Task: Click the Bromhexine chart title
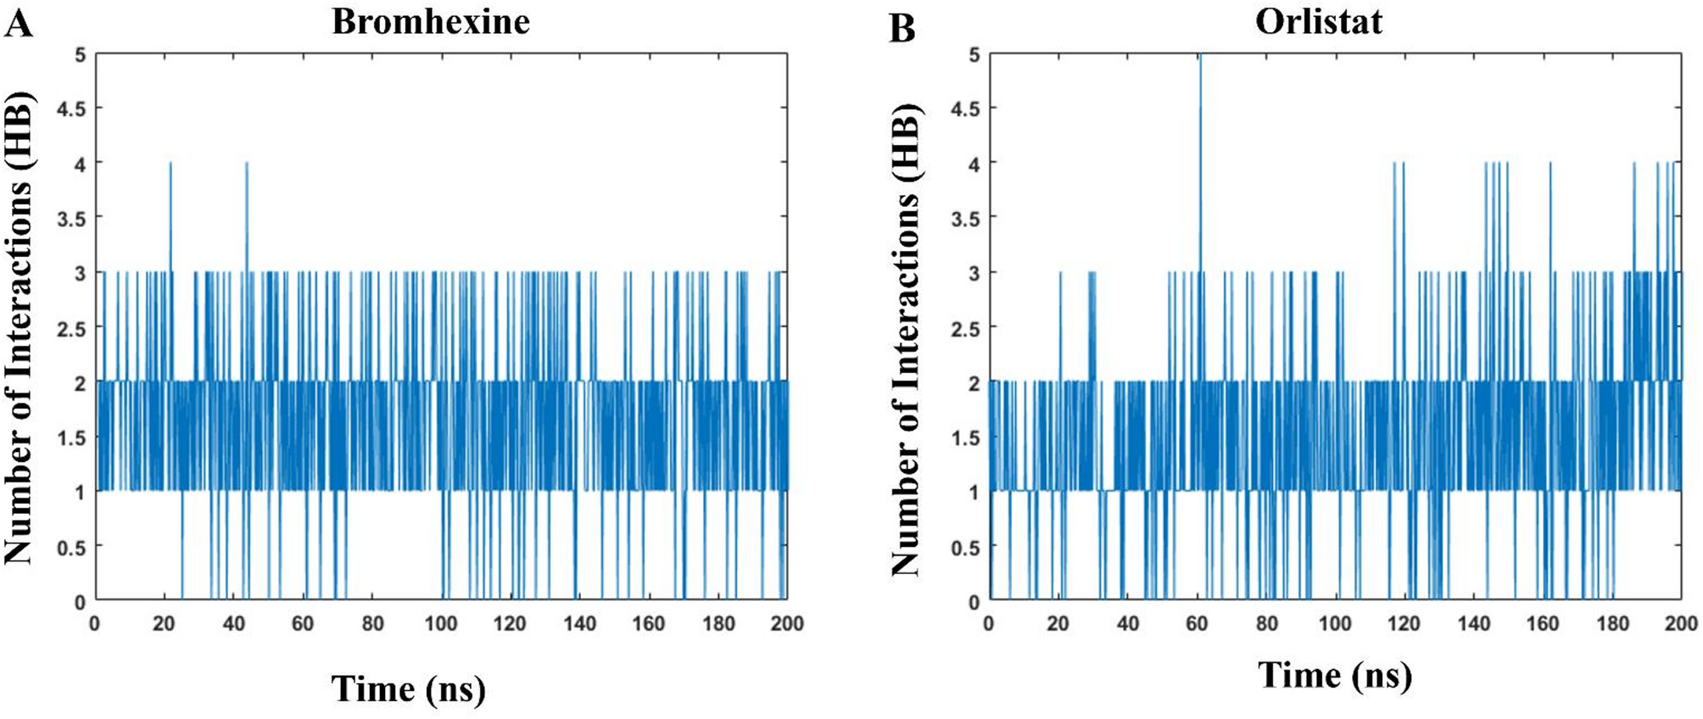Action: coord(430,21)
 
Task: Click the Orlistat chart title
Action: coord(1318,21)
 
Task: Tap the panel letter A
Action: coord(19,23)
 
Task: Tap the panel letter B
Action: coord(902,28)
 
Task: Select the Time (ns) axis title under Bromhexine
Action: coord(408,688)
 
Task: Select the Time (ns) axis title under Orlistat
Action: coord(1335,676)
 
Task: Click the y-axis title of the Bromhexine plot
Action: coord(19,327)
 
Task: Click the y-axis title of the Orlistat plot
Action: coord(906,339)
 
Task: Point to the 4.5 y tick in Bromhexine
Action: coord(71,109)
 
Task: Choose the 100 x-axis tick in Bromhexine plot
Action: coord(441,624)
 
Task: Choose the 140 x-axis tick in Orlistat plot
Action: coord(1474,624)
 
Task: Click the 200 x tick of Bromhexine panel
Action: coord(787,624)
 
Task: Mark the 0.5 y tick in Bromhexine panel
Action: coord(71,548)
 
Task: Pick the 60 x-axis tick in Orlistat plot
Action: coord(1197,624)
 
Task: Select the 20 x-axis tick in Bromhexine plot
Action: coord(164,624)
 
